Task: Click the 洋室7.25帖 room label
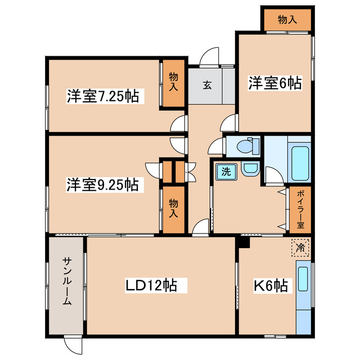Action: pyautogui.click(x=103, y=96)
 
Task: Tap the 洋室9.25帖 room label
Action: pyautogui.click(x=103, y=184)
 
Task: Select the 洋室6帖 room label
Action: pyautogui.click(x=274, y=83)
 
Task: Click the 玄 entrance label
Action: pyautogui.click(x=207, y=85)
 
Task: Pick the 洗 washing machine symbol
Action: pyautogui.click(x=225, y=171)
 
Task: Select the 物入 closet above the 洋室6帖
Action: pyautogui.click(x=287, y=20)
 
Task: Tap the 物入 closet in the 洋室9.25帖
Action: pyautogui.click(x=174, y=209)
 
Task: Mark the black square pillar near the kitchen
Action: pyautogui.click(x=243, y=242)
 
